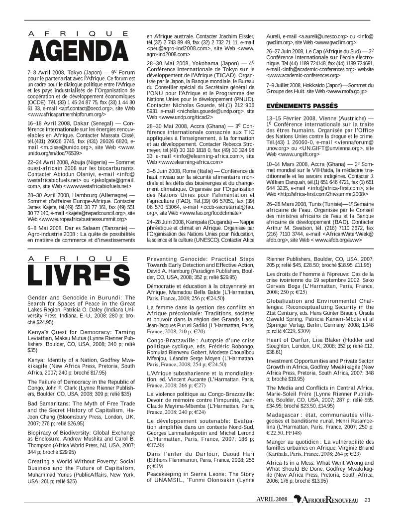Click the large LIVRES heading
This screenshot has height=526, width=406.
[79, 275]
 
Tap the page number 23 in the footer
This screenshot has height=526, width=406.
[367, 500]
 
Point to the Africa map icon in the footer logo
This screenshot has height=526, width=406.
[298, 500]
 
